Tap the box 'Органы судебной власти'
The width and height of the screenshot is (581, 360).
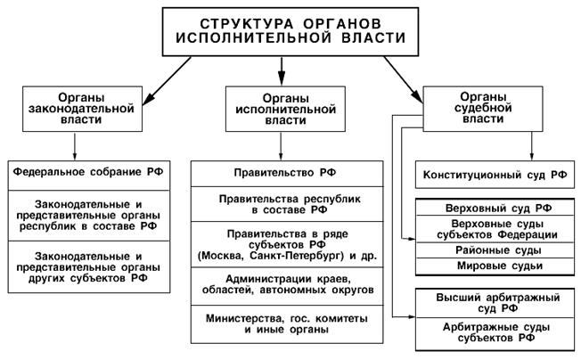(x=486, y=110)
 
